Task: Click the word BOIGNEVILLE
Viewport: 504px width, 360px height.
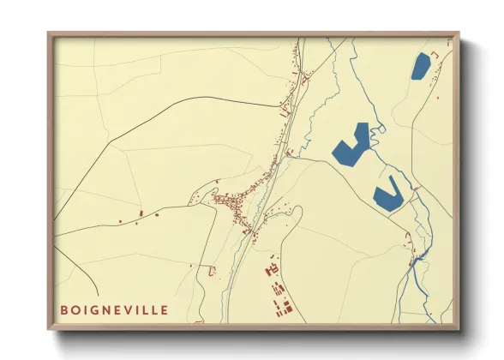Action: tap(113, 309)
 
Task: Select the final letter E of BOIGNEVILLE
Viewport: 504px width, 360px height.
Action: tap(165, 309)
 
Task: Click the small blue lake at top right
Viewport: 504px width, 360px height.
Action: tap(420, 66)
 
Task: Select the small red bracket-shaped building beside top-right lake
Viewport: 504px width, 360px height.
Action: tap(435, 56)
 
